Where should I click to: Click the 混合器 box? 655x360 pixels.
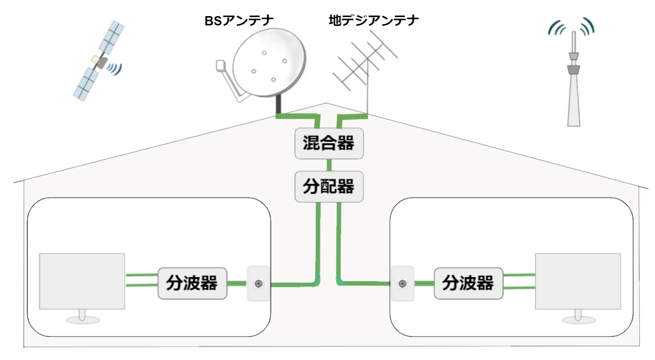pyautogui.click(x=329, y=143)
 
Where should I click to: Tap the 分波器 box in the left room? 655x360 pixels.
pyautogui.click(x=192, y=284)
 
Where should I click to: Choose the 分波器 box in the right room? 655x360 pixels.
pyautogui.click(x=468, y=284)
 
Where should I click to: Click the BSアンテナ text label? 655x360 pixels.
pyautogui.click(x=238, y=21)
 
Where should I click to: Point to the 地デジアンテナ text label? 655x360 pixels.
pyautogui.click(x=373, y=21)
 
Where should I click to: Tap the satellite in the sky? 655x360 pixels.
pyautogui.click(x=99, y=61)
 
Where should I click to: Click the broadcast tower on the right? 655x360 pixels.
pyautogui.click(x=573, y=88)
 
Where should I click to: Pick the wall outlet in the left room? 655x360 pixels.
pyautogui.click(x=258, y=284)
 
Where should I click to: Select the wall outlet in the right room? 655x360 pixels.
pyautogui.click(x=402, y=284)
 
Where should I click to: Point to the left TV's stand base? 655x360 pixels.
pyautogui.click(x=82, y=321)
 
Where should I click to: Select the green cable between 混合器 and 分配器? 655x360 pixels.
pyautogui.click(x=329, y=165)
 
